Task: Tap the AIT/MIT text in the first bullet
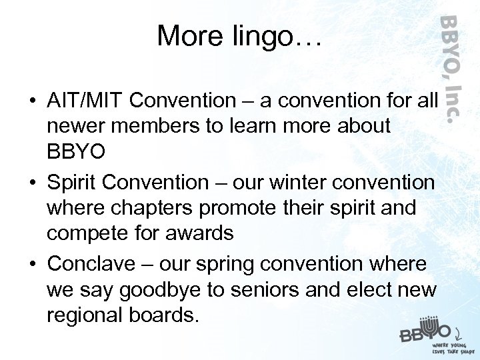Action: [x=86, y=101]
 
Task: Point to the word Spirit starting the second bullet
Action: [x=69, y=182]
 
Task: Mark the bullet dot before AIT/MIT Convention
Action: [x=32, y=101]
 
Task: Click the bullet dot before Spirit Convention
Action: [x=32, y=183]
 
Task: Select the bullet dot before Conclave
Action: [x=32, y=265]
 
